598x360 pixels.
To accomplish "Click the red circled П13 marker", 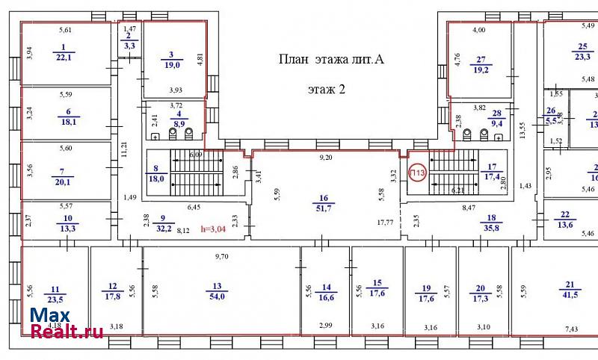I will [x=416, y=173].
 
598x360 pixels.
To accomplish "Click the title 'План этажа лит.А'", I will [x=331, y=60].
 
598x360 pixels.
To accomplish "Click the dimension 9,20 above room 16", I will [x=326, y=158].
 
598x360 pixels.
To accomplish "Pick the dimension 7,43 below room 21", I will [x=572, y=329].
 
